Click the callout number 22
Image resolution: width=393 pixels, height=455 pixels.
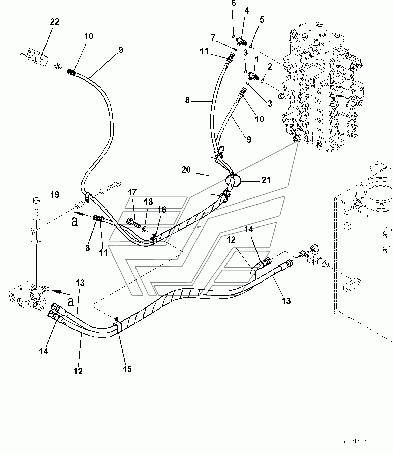click(55, 22)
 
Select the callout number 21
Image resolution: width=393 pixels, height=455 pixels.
click(266, 180)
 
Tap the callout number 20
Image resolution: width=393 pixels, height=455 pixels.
click(186, 170)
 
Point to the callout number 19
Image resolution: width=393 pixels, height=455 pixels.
click(55, 195)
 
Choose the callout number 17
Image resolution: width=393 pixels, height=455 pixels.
click(132, 192)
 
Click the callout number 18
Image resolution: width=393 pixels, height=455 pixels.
click(148, 202)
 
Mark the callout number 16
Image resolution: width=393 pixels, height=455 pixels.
click(162, 210)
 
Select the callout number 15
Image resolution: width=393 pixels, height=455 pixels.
click(127, 369)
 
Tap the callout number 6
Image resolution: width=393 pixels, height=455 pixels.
click(233, 3)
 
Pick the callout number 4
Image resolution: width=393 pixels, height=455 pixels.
click(246, 11)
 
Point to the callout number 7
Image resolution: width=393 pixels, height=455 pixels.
click(213, 37)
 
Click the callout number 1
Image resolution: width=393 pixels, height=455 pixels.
click(257, 59)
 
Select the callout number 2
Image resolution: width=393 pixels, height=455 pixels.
click(270, 66)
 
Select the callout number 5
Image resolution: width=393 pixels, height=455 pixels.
click(262, 19)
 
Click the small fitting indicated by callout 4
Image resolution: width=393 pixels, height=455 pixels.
click(242, 41)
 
